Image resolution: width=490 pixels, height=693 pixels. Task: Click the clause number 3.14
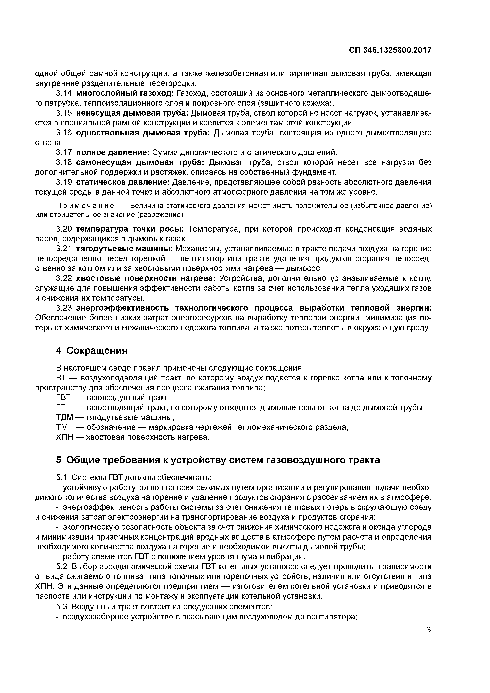(x=64, y=93)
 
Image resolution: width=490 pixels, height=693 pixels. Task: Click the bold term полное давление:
(x=113, y=153)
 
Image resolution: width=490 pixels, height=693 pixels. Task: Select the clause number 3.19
(x=64, y=182)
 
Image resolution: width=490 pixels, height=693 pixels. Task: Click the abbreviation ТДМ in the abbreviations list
(x=64, y=417)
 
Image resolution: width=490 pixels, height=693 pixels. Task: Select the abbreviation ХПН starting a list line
(x=64, y=437)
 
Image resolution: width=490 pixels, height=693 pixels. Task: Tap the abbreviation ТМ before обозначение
(x=62, y=427)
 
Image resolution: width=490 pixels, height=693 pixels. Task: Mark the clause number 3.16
(x=64, y=133)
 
